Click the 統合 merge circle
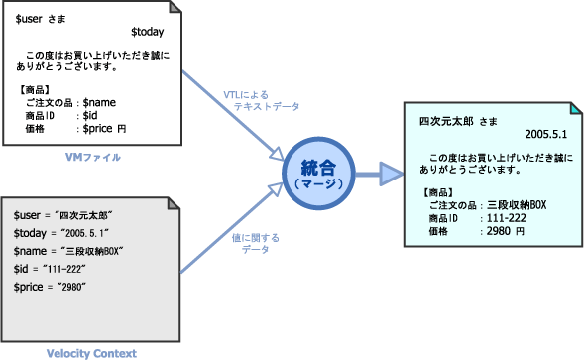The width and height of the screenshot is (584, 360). click(x=329, y=176)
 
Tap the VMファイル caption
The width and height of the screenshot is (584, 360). click(x=94, y=158)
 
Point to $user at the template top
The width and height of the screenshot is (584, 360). click(x=29, y=17)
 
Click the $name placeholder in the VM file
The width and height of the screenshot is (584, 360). click(x=100, y=102)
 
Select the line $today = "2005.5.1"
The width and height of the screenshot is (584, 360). click(x=60, y=232)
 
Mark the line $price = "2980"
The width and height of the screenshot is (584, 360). click(x=52, y=286)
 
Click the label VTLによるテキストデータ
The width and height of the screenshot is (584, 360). click(x=262, y=100)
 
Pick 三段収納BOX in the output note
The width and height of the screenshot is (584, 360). click(x=515, y=204)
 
